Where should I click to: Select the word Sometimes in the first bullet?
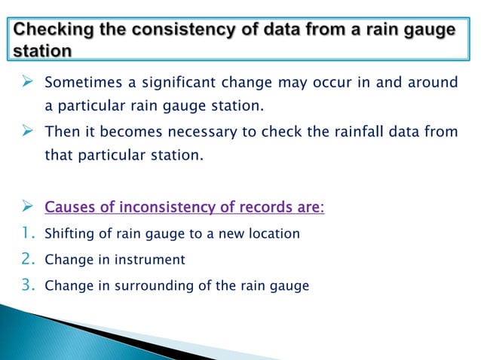point(79,82)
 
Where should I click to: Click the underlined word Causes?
point(72,206)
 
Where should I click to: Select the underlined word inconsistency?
point(170,206)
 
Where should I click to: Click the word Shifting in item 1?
point(65,234)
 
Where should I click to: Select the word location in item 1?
point(276,234)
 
